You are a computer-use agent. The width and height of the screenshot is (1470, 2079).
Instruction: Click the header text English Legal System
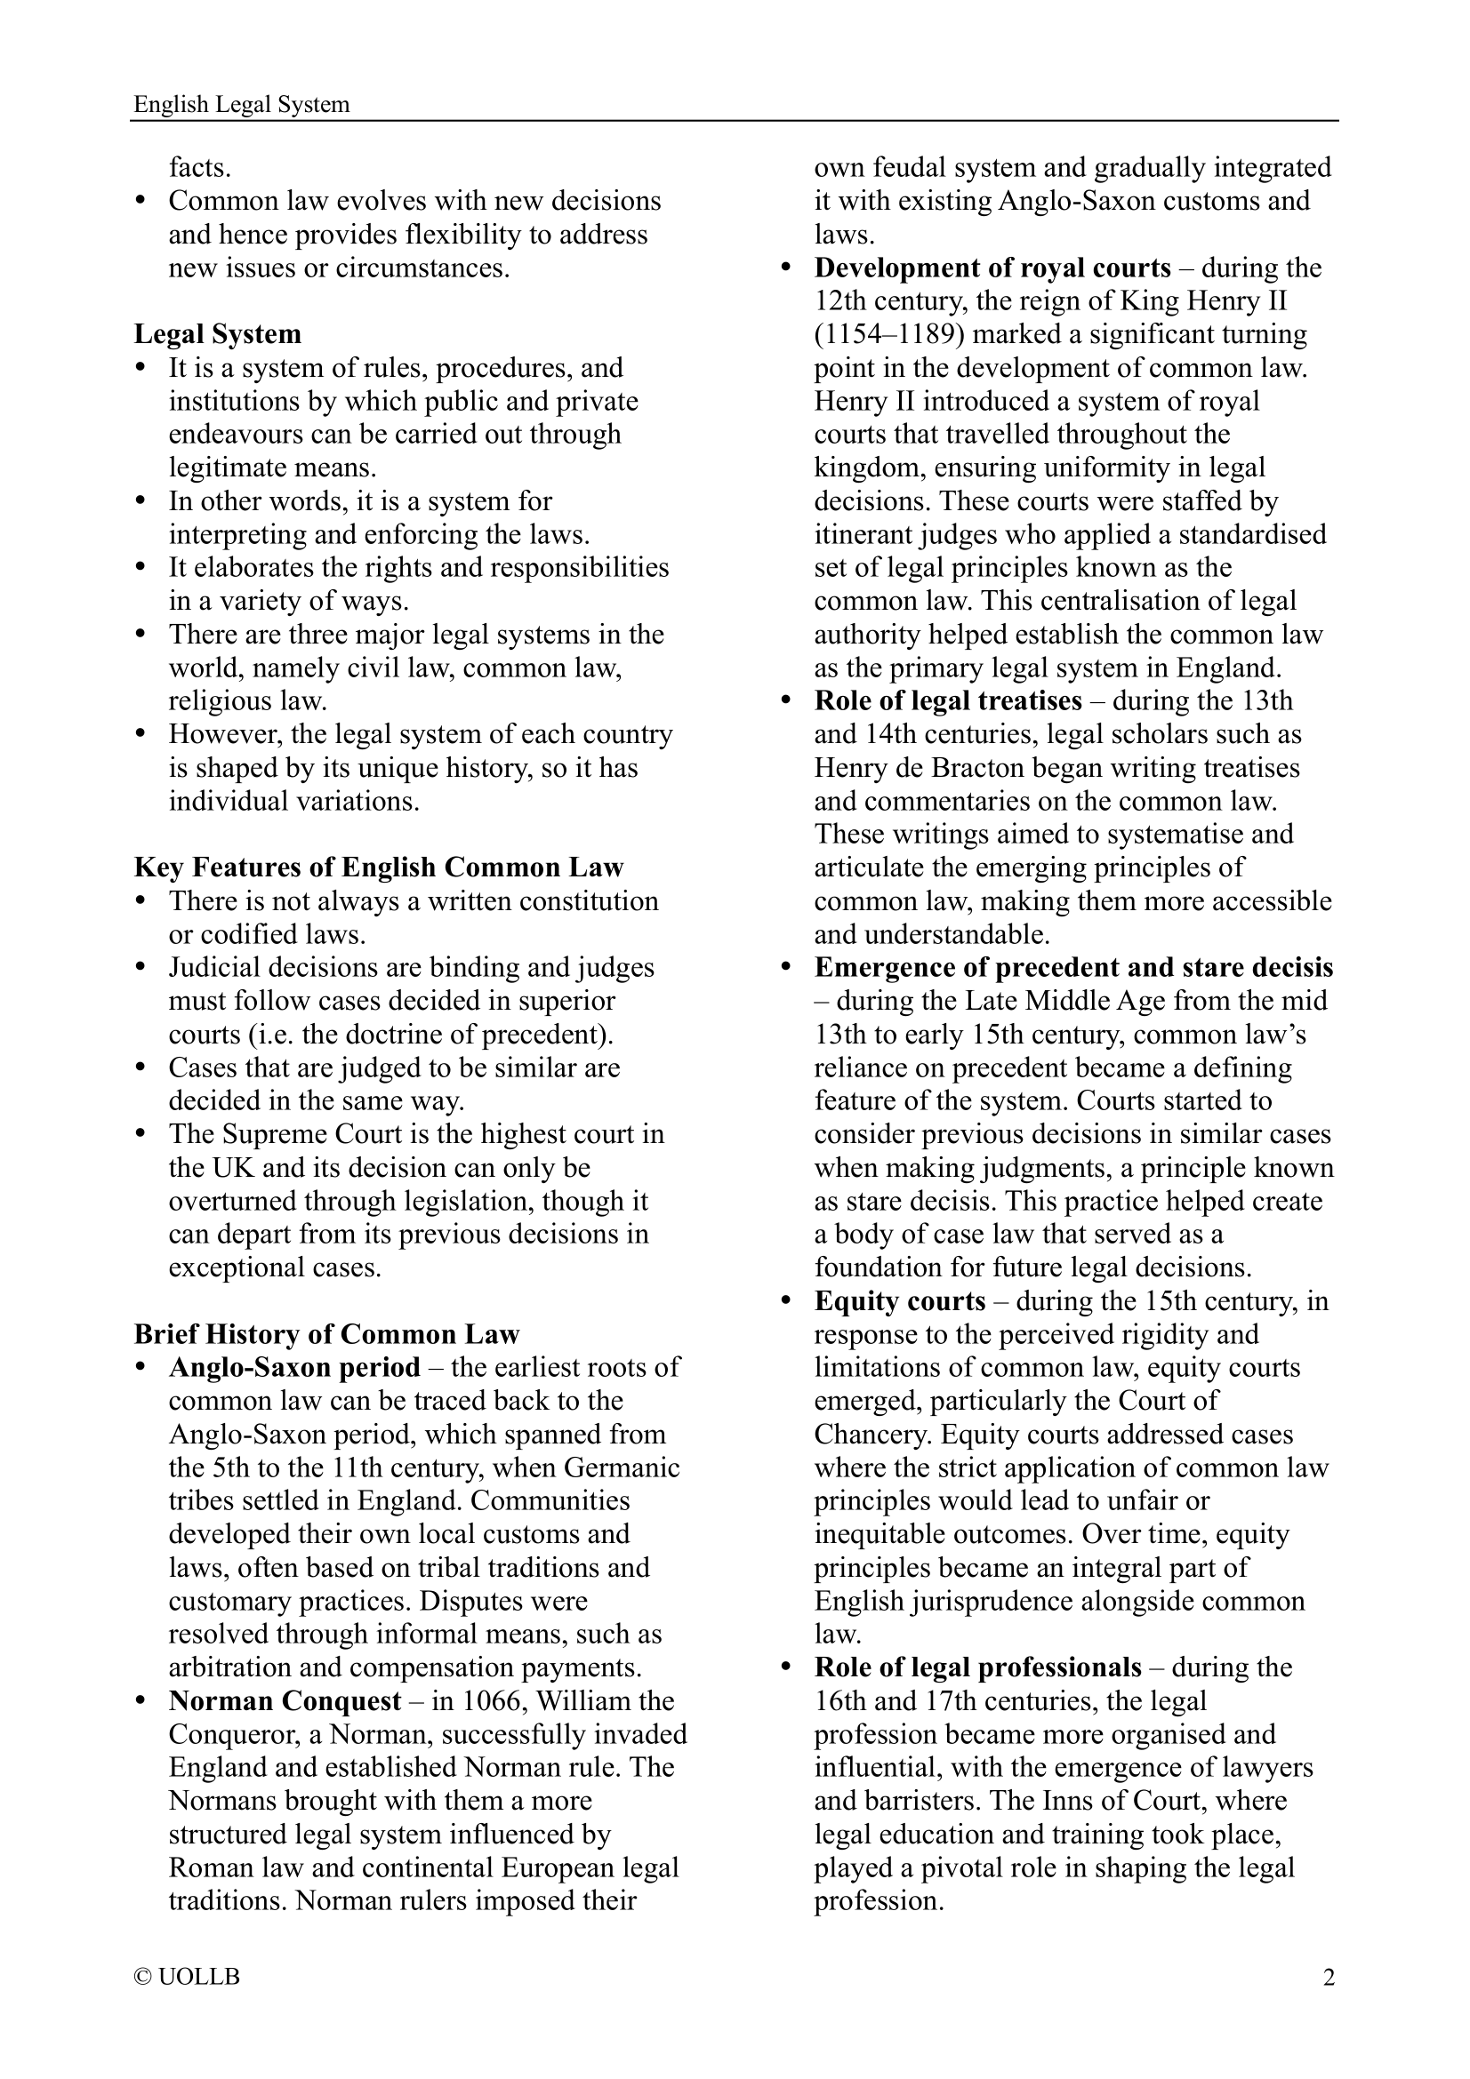tap(241, 105)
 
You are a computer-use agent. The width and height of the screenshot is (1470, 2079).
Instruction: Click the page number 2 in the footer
tap(1329, 1977)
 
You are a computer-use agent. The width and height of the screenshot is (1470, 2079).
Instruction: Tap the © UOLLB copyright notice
tap(187, 1977)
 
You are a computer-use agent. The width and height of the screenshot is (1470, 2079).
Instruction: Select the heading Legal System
tap(217, 334)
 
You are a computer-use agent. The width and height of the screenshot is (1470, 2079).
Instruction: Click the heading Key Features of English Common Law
tap(379, 868)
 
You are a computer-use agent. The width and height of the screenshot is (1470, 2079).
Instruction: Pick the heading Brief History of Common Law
tap(326, 1334)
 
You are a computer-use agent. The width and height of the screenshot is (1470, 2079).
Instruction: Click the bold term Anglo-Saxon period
tap(294, 1367)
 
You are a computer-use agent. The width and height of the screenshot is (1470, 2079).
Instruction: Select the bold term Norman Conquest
tap(285, 1700)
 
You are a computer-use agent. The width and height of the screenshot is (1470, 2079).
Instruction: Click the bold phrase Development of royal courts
tap(992, 268)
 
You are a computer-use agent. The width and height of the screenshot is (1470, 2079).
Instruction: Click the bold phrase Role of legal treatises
tap(947, 700)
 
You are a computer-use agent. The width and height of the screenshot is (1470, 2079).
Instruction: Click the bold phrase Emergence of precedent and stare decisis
tap(1073, 967)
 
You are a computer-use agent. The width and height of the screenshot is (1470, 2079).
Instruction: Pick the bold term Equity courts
tap(899, 1301)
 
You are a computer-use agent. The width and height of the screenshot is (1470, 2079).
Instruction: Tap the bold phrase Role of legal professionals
tap(977, 1667)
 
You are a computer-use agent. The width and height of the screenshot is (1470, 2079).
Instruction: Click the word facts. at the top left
tap(199, 168)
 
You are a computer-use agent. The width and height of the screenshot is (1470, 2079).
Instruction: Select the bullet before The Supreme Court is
tap(141, 1134)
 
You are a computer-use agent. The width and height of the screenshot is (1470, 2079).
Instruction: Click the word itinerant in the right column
tap(864, 534)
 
